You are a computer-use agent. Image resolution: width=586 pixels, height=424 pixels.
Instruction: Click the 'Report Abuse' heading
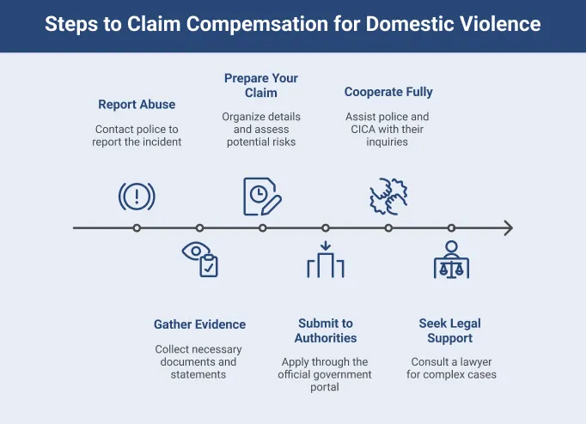point(137,105)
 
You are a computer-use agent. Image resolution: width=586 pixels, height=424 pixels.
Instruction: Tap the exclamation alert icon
point(137,197)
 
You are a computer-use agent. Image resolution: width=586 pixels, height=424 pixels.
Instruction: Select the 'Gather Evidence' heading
point(199,324)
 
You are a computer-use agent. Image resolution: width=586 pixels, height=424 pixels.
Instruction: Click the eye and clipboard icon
point(200,259)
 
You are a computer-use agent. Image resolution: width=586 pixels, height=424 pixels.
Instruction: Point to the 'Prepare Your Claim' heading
point(262,85)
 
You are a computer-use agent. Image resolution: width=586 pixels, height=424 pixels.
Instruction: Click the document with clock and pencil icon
point(262,197)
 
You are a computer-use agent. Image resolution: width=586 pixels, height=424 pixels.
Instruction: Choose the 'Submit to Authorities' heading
point(325,330)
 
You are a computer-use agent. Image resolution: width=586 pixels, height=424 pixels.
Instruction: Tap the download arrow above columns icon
point(325,259)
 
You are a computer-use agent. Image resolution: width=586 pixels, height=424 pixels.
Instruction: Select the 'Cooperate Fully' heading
point(388,92)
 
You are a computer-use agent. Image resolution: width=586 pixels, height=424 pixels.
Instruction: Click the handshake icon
point(388,197)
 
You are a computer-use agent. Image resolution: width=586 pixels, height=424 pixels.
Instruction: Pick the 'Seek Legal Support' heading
point(450,330)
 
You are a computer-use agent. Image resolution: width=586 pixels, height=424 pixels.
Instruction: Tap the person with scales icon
point(451,259)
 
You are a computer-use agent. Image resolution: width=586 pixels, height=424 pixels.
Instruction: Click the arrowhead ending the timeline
point(508,228)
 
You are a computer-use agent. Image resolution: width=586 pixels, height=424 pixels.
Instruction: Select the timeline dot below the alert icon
point(137,228)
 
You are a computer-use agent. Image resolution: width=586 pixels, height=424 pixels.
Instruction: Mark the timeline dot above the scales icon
point(451,228)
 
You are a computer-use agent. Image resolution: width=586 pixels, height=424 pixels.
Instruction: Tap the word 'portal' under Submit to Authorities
point(325,387)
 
